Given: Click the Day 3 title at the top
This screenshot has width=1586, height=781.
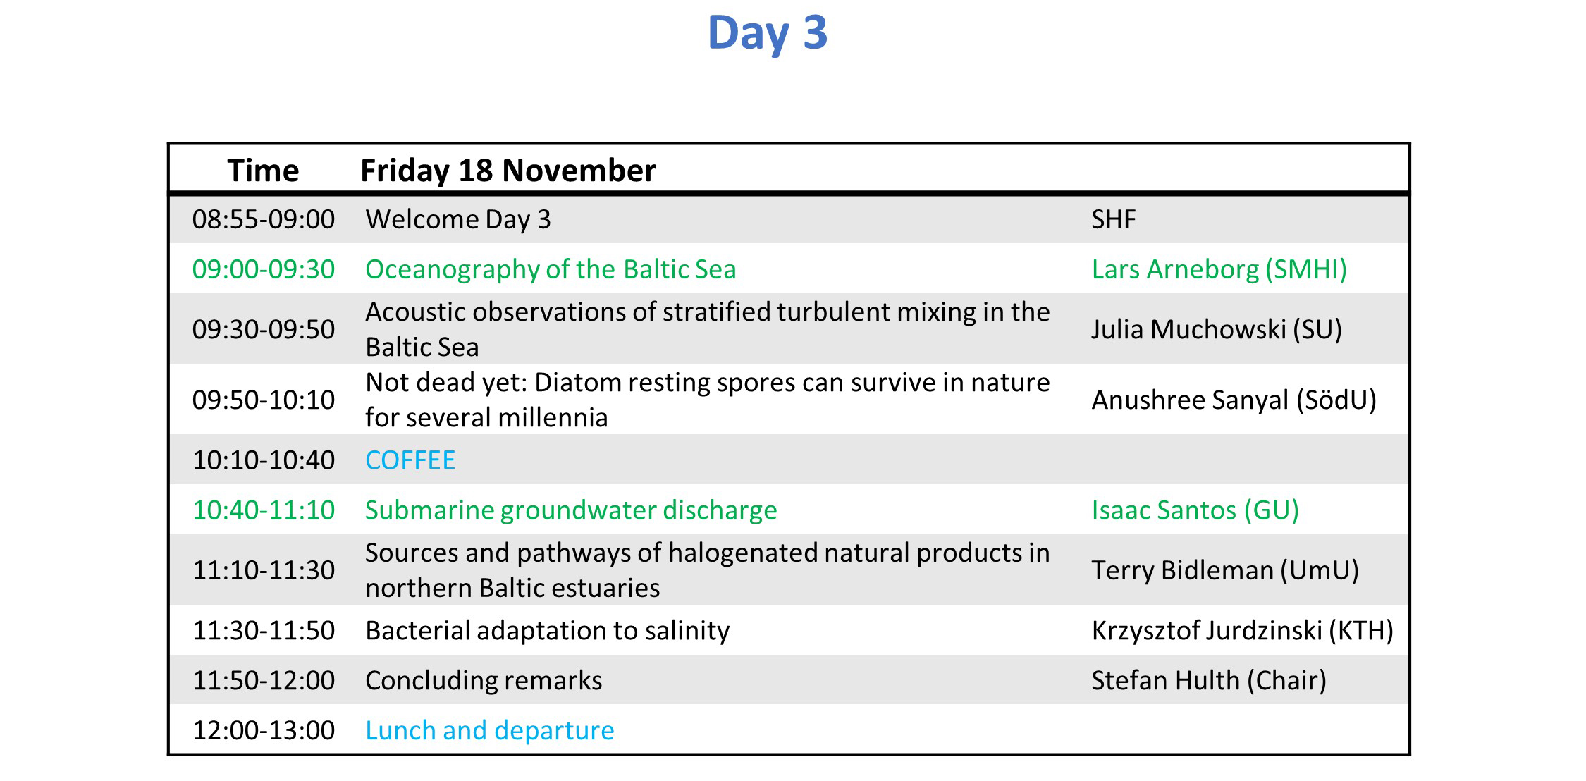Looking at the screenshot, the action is (x=767, y=33).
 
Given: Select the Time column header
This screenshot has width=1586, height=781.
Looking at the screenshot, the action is (x=263, y=171).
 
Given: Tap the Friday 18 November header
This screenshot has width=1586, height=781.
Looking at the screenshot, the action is (x=508, y=171).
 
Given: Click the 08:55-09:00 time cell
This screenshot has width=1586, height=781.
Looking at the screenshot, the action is (x=264, y=219).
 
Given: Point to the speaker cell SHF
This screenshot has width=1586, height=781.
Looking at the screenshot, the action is (x=1114, y=219).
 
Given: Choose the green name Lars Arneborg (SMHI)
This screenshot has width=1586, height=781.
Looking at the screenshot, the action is (x=1219, y=269).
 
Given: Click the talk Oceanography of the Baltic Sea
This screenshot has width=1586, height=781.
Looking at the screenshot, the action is (x=551, y=269).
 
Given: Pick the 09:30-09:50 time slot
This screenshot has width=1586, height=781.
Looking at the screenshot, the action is (x=264, y=329).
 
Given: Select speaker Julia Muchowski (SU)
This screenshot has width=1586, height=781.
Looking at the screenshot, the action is (x=1217, y=329).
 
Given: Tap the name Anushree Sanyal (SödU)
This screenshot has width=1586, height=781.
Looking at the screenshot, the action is (x=1234, y=400).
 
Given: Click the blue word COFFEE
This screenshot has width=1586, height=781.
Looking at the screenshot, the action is (x=410, y=460).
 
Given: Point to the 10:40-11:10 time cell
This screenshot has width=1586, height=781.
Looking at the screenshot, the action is (x=264, y=510).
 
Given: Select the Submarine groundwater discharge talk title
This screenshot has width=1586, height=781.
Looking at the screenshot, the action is (x=571, y=510).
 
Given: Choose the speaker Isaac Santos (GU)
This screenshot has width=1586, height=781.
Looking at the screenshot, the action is (x=1195, y=510).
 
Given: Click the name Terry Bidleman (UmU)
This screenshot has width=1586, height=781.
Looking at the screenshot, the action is (x=1225, y=570).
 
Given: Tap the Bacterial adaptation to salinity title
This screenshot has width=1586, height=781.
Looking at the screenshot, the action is (x=548, y=631).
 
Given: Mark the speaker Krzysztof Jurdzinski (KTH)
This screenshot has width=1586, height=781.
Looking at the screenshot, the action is (x=1243, y=631).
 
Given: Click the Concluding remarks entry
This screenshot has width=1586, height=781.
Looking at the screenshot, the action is (x=484, y=681).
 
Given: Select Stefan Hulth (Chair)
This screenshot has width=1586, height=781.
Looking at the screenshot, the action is (x=1209, y=681).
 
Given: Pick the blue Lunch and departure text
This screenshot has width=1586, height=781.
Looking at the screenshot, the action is (x=490, y=731).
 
